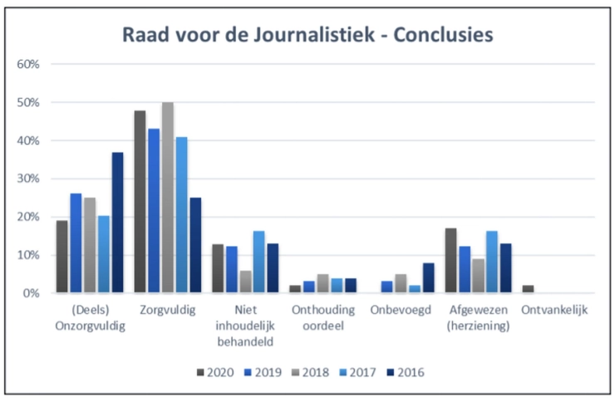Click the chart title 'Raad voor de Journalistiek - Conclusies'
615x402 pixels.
tap(307, 34)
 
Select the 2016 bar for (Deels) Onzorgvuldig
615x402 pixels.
tap(118, 223)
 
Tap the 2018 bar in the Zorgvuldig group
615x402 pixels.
tap(168, 198)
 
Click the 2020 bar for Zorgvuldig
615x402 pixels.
tap(140, 202)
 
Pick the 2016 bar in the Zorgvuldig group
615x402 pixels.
tap(195, 245)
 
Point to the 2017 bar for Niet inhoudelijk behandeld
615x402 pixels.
tap(259, 262)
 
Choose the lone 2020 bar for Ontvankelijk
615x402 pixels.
tap(529, 289)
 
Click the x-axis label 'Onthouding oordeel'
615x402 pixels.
tap(323, 318)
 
